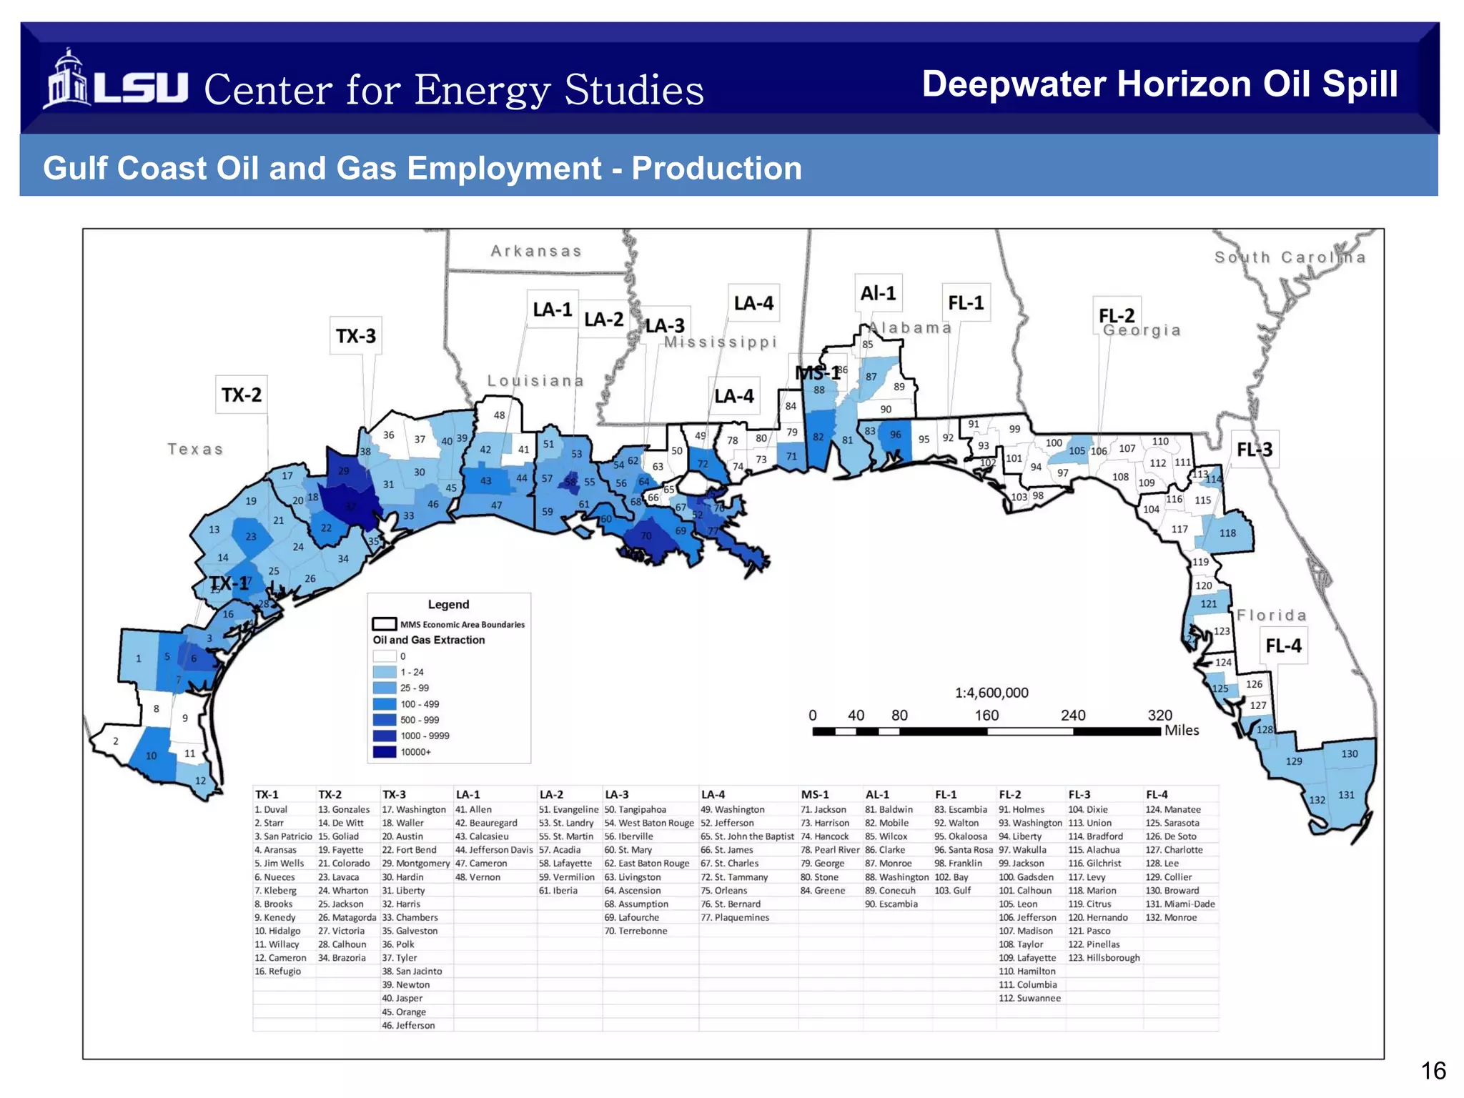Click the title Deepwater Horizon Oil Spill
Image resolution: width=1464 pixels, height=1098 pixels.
coord(1159,84)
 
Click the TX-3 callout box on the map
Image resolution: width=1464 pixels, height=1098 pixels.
coord(355,336)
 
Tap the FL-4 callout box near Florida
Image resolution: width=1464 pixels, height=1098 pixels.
coord(1283,646)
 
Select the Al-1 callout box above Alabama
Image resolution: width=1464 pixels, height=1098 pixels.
coord(878,293)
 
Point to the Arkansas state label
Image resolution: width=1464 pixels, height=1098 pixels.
coord(536,251)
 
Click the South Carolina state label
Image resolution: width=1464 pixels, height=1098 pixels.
coord(1290,257)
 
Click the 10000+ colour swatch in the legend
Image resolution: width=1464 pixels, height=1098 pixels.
coord(384,752)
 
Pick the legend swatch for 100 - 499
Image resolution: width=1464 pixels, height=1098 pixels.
coord(384,704)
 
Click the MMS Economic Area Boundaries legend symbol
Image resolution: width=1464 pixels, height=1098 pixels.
coord(384,624)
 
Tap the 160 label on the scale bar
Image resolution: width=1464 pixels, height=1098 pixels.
coord(986,716)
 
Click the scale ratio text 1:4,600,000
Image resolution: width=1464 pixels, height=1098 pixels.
coord(991,693)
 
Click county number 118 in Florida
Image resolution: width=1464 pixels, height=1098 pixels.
coord(1227,533)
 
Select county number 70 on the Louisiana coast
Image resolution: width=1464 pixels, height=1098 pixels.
coord(646,535)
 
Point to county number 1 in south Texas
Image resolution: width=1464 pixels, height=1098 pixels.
coord(139,658)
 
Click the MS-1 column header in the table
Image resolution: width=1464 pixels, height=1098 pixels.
coord(814,794)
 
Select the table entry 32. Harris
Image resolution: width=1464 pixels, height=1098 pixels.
coord(401,904)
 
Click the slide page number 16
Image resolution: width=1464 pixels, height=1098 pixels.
coord(1433,1071)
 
